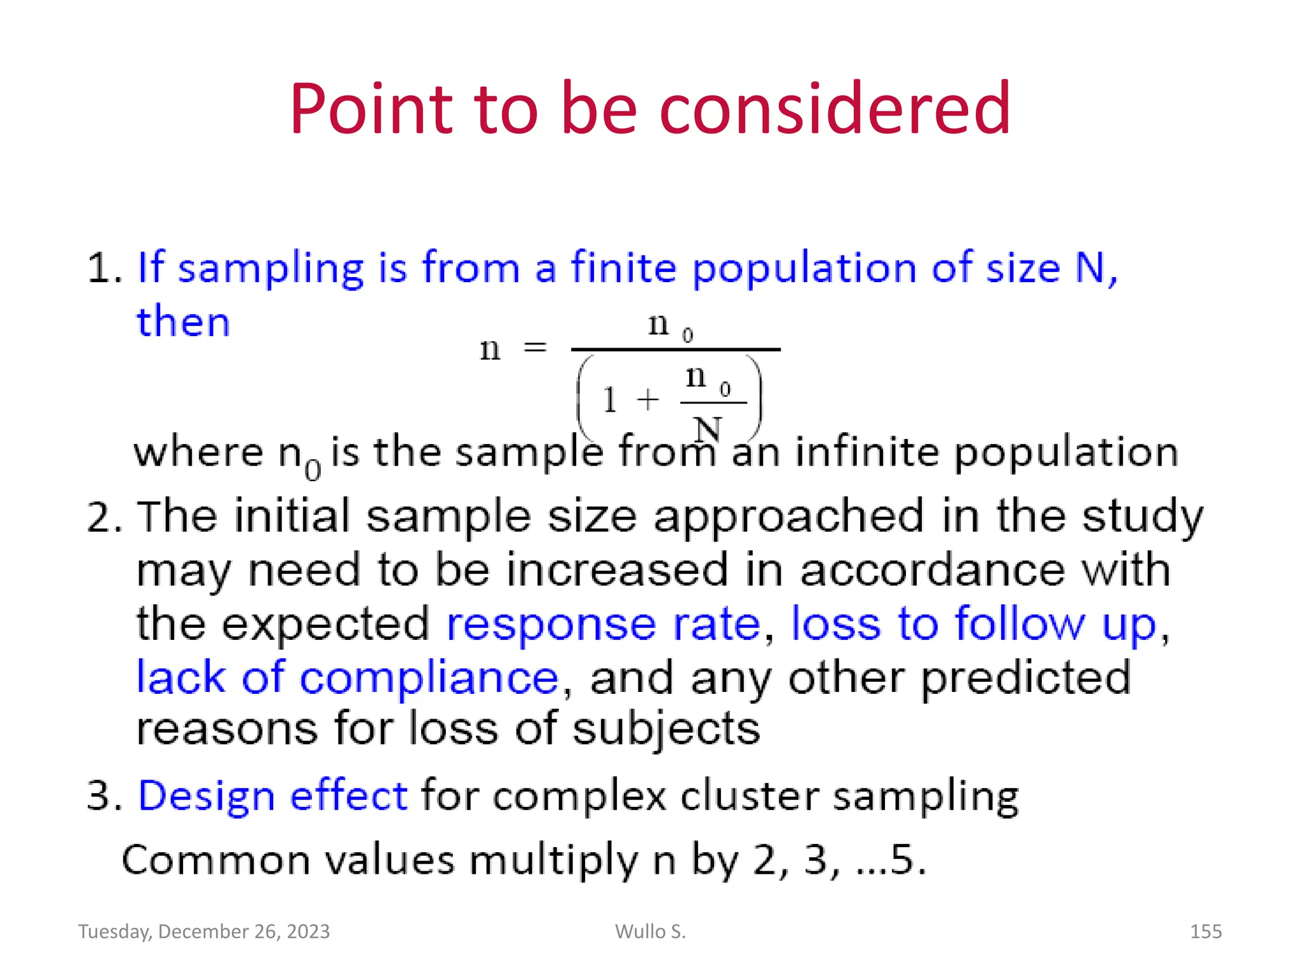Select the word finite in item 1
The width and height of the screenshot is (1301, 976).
coord(623,268)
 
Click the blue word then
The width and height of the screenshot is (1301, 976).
coord(183,322)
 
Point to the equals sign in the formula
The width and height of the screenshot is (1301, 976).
coord(534,348)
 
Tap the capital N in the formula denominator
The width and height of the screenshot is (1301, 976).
coord(707,429)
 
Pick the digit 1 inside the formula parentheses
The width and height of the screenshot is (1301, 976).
coord(609,400)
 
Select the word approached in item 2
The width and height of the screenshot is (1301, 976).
coord(788,517)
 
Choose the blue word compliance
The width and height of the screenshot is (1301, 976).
coord(429,679)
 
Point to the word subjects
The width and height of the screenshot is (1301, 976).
coord(666,729)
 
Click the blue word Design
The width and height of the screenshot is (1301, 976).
coord(206,796)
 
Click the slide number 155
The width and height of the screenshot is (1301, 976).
coord(1205,932)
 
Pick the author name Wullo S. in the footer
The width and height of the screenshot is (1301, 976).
coord(650,932)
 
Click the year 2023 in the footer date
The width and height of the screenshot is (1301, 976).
coord(308,932)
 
